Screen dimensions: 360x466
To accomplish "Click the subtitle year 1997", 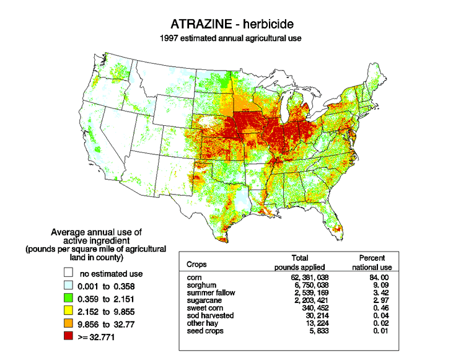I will [170, 38].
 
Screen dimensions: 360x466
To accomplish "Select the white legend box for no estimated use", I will [67, 273].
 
